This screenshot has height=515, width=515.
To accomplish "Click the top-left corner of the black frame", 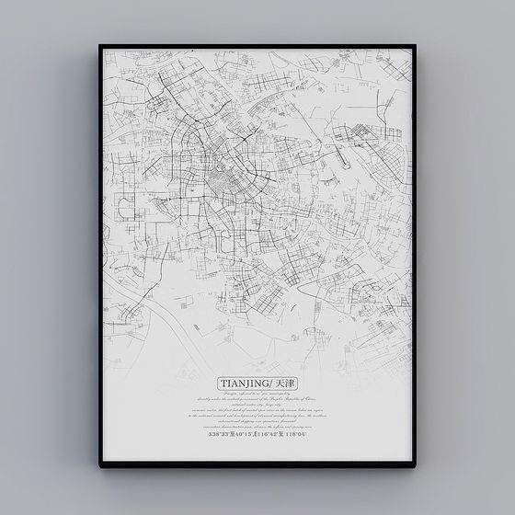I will (100, 44).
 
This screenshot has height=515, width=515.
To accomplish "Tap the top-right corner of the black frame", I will (415, 44).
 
